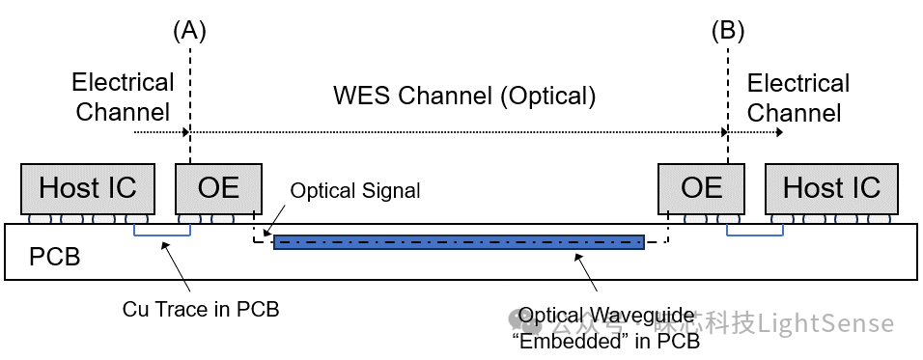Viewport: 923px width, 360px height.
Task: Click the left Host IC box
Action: (x=87, y=188)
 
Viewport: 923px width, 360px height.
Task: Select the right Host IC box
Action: (x=831, y=188)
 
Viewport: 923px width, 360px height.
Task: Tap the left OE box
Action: (x=218, y=188)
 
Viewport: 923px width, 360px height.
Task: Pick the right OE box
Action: (x=701, y=188)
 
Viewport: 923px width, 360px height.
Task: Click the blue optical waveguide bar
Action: (x=459, y=242)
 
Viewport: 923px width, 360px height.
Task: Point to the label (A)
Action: (x=189, y=31)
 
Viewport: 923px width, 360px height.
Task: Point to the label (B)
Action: (x=728, y=31)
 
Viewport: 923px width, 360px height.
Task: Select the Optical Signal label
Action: (x=355, y=191)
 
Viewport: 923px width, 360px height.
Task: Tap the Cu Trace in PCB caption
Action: (x=201, y=309)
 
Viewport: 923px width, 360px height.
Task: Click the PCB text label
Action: (x=54, y=258)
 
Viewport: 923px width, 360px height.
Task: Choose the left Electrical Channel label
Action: (x=123, y=97)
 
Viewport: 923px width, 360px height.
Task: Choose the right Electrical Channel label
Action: (x=797, y=97)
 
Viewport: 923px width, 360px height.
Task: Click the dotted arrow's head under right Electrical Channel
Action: (x=777, y=130)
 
